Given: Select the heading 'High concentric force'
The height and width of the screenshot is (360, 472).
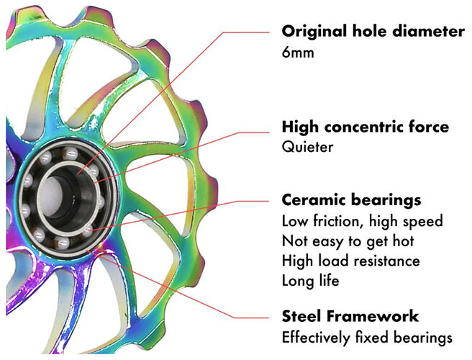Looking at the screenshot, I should coord(366,127).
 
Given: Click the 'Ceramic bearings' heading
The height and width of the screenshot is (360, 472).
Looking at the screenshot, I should coord(351,199).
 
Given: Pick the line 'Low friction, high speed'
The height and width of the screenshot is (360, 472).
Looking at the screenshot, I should coord(362,221).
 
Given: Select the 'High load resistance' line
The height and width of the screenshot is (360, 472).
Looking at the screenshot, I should coord(350,260).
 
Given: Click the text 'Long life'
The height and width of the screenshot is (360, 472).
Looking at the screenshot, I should coord(310,280).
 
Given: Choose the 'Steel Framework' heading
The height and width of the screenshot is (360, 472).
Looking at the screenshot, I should coord(350,316).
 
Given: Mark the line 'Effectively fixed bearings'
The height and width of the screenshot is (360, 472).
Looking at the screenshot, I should coord(367,337).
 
